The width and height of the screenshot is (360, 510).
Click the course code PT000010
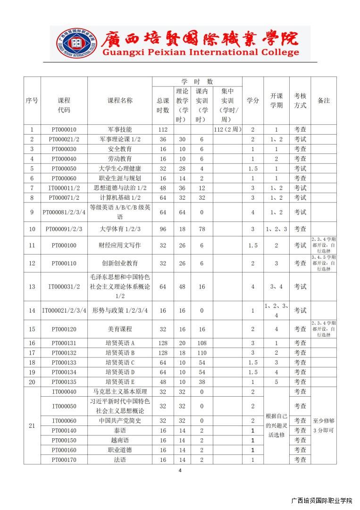[64, 129]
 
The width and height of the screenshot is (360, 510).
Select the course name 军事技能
[120, 129]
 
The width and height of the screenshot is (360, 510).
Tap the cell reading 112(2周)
[227, 129]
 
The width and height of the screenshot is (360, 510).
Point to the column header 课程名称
[120, 101]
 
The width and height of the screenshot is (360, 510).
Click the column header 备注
[324, 101]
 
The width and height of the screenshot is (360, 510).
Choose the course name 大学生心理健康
[120, 169]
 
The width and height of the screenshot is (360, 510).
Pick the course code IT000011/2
[64, 188]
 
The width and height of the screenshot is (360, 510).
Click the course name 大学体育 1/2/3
[120, 229]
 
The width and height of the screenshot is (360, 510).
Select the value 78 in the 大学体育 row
[202, 229]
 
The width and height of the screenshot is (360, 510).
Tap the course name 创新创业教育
[120, 263]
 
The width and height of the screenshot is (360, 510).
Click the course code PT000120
[64, 329]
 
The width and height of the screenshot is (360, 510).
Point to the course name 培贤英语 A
[120, 343]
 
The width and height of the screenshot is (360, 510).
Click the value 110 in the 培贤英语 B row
[202, 353]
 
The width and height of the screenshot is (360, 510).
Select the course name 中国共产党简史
[120, 420]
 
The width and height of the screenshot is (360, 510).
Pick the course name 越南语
[120, 440]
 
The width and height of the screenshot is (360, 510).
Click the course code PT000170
[64, 459]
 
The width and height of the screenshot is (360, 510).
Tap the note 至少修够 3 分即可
[324, 425]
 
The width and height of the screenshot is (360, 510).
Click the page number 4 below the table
[180, 470]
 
